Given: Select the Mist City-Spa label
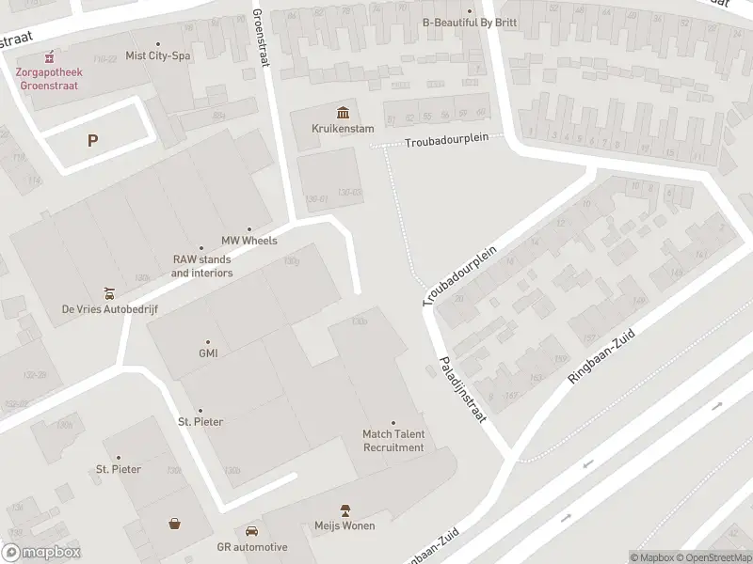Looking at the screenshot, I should (x=157, y=55).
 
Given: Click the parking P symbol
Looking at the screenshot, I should (x=92, y=141).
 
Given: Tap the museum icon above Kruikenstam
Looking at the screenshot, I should (x=337, y=111).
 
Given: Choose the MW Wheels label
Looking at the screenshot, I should (x=248, y=241).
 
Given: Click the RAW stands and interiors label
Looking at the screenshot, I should (x=201, y=266).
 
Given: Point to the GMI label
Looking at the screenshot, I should (x=208, y=353).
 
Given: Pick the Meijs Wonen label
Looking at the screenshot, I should (x=345, y=525).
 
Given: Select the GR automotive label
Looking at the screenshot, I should (x=251, y=547).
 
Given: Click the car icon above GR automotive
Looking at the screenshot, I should (x=251, y=531).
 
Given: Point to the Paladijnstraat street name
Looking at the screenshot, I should (x=460, y=389).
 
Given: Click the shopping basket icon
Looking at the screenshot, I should (x=175, y=525).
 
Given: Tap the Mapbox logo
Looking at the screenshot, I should (x=40, y=553).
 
